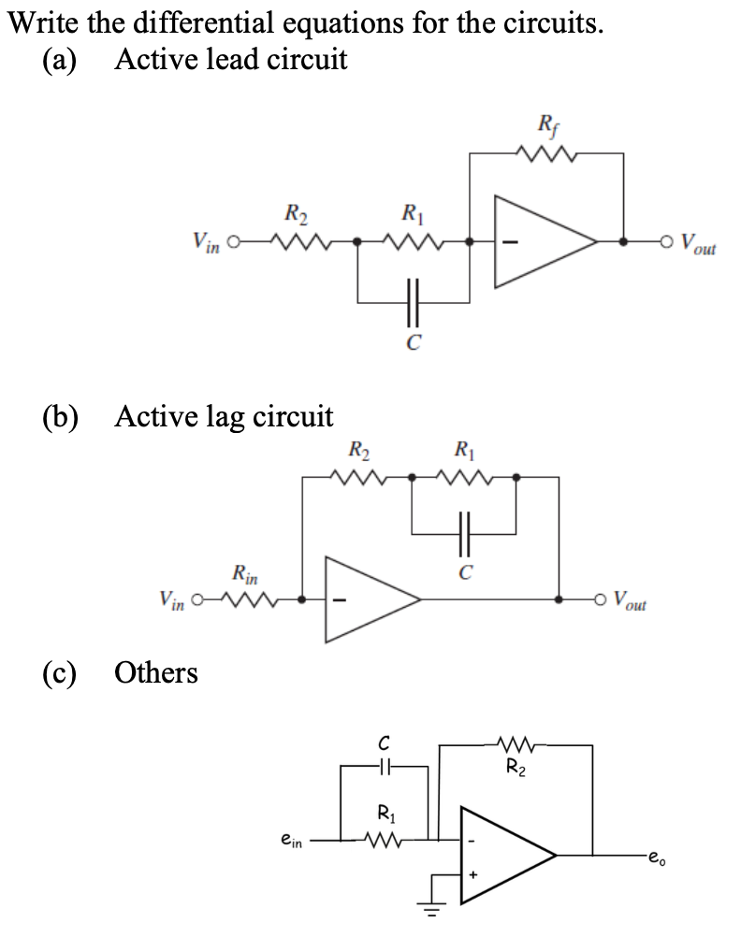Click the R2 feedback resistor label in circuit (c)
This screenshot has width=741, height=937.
(x=516, y=771)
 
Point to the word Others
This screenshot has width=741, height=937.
(x=155, y=672)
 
